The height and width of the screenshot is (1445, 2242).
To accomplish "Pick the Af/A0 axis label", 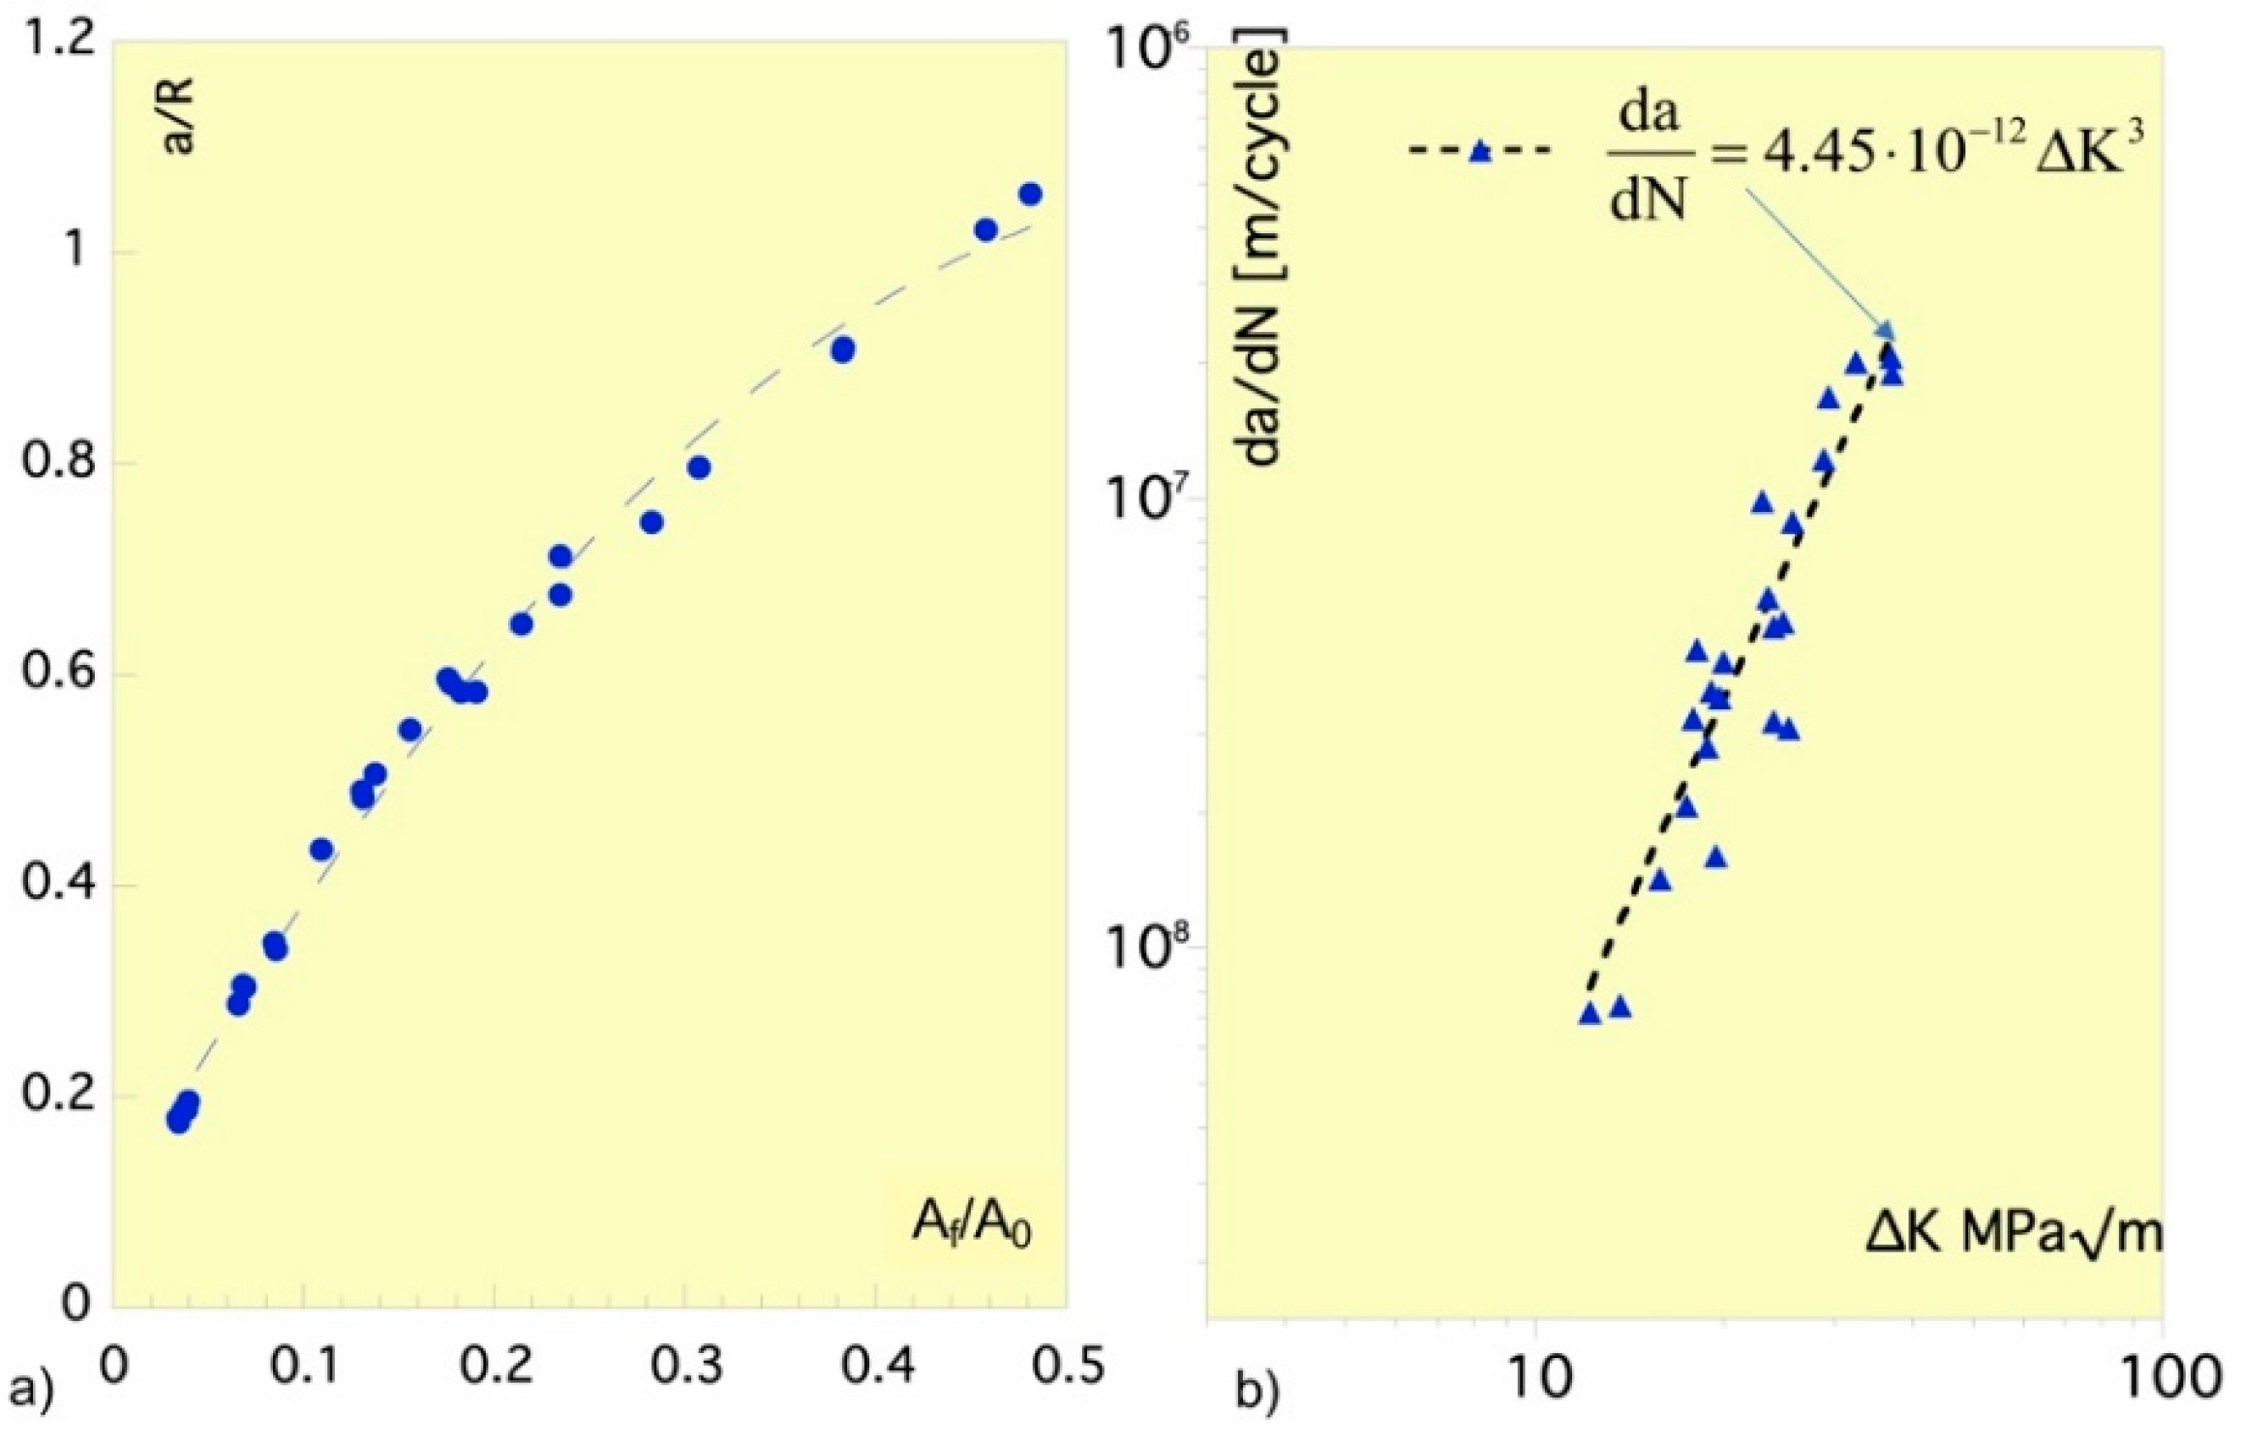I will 971,1223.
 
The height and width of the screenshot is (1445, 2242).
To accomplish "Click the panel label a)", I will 31,1390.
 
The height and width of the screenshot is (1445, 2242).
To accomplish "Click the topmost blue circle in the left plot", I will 1030,195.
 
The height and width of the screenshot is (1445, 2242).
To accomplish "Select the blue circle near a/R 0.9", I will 842,350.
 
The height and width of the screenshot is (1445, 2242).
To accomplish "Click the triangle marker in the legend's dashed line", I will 1479,151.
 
